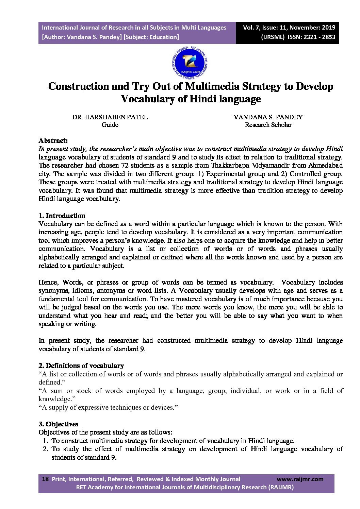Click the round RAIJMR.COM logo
coord(190,64)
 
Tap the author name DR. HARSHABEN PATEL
coord(110,117)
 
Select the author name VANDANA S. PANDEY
coord(268,117)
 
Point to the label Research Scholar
coord(268,125)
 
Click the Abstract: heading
coord(53,140)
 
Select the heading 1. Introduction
coord(62,216)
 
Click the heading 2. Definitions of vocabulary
coord(81,366)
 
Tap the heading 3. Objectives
coord(58,424)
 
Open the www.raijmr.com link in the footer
coord(300,479)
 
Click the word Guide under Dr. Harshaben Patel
coord(110,125)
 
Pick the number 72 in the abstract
coord(125,166)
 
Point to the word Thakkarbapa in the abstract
coord(228,166)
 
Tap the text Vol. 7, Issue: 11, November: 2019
coord(289,28)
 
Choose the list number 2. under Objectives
coord(46,449)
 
